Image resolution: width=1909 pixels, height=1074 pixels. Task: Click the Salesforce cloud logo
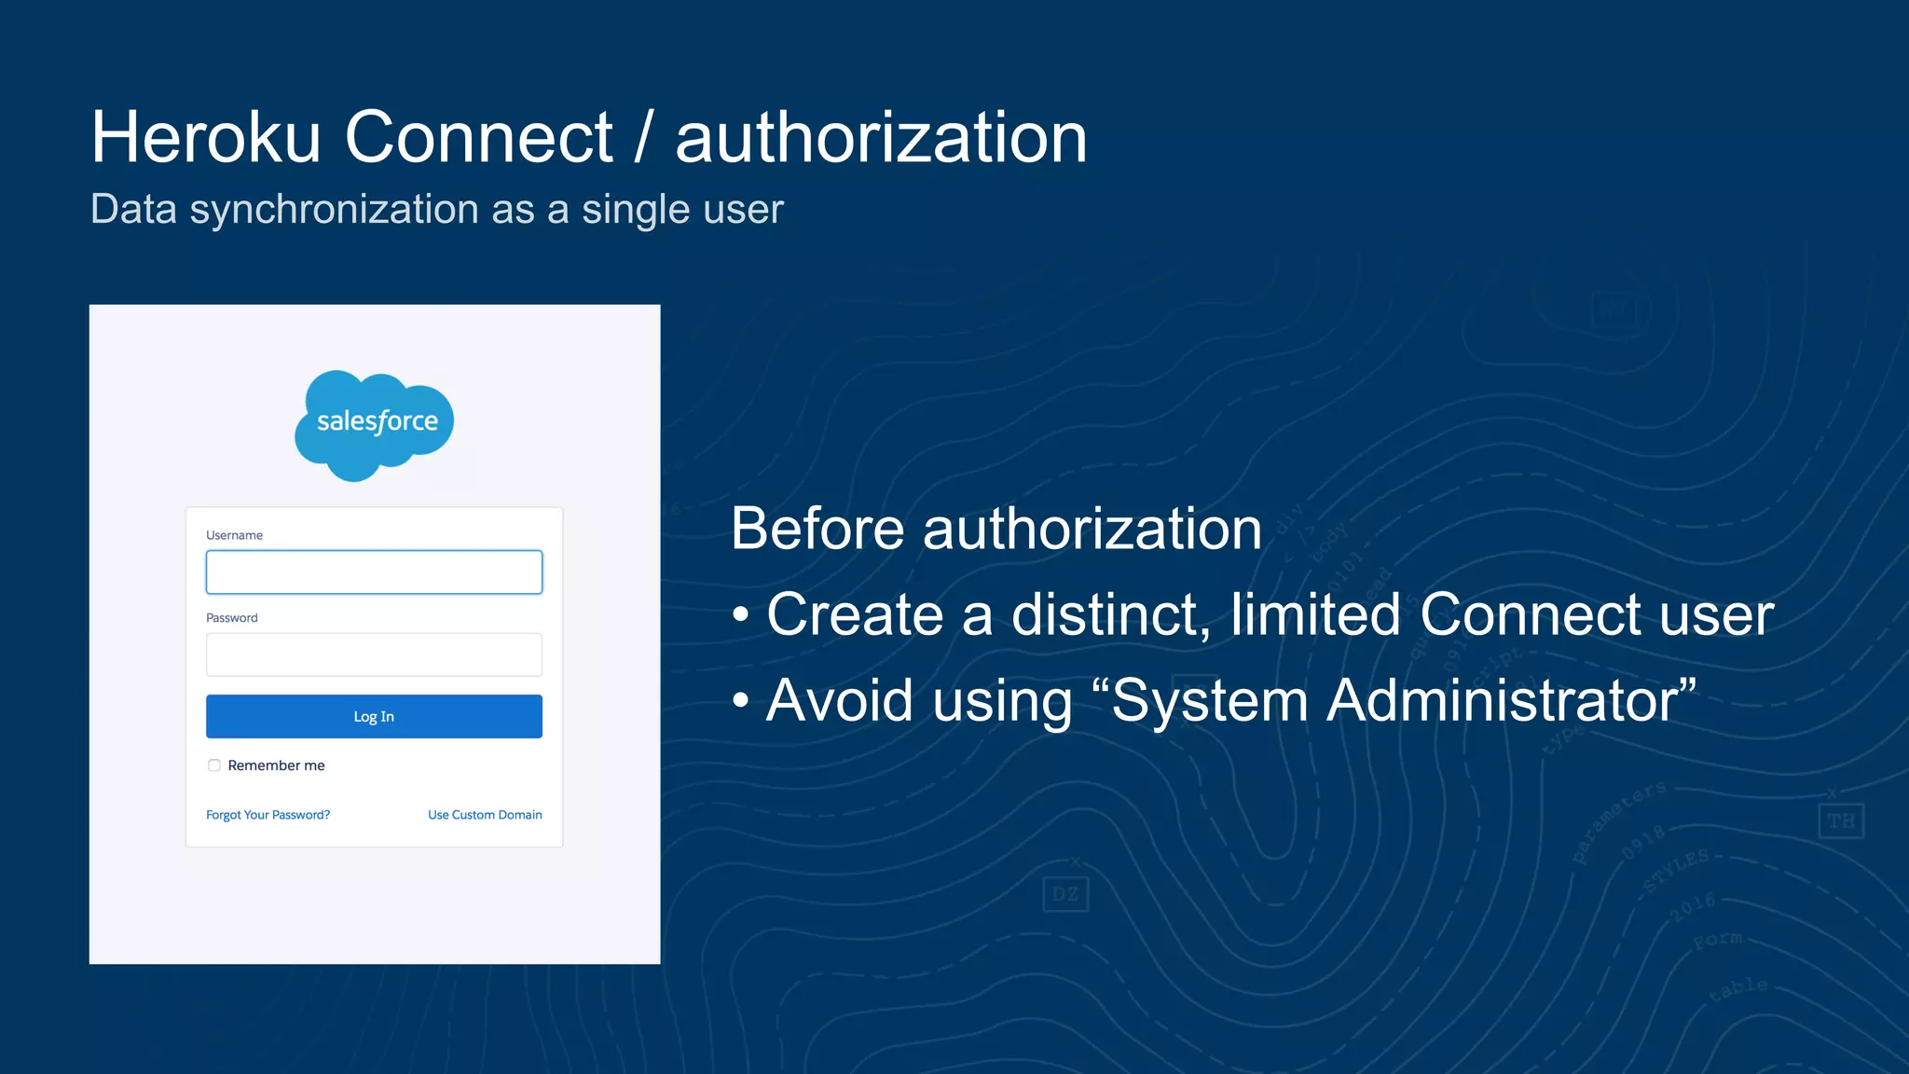click(x=375, y=424)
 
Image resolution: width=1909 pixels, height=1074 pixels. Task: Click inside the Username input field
click(x=374, y=572)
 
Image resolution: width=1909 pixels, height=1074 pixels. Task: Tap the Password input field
click(x=374, y=654)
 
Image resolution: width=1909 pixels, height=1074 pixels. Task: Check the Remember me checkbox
click(x=214, y=765)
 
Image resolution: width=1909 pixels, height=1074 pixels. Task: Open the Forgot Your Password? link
click(x=268, y=815)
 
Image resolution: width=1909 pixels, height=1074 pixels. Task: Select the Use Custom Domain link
click(x=485, y=815)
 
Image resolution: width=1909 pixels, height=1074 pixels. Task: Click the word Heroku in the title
click(x=205, y=138)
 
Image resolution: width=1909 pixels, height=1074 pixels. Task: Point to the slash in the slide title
click(x=643, y=138)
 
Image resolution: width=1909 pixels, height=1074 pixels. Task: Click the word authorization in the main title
click(x=881, y=138)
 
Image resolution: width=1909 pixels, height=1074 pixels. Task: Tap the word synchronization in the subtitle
click(x=335, y=210)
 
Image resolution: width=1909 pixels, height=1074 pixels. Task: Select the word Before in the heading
click(x=817, y=530)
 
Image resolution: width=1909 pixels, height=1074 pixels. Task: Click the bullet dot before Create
click(x=741, y=615)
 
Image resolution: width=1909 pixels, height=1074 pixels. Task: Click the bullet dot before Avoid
click(x=741, y=700)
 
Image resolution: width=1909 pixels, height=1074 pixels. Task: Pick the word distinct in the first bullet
click(x=1110, y=615)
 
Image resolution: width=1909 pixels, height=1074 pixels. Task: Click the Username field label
click(x=234, y=535)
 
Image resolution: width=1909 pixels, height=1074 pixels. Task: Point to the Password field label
click(x=232, y=618)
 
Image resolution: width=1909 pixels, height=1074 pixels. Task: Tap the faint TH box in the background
click(x=1841, y=821)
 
